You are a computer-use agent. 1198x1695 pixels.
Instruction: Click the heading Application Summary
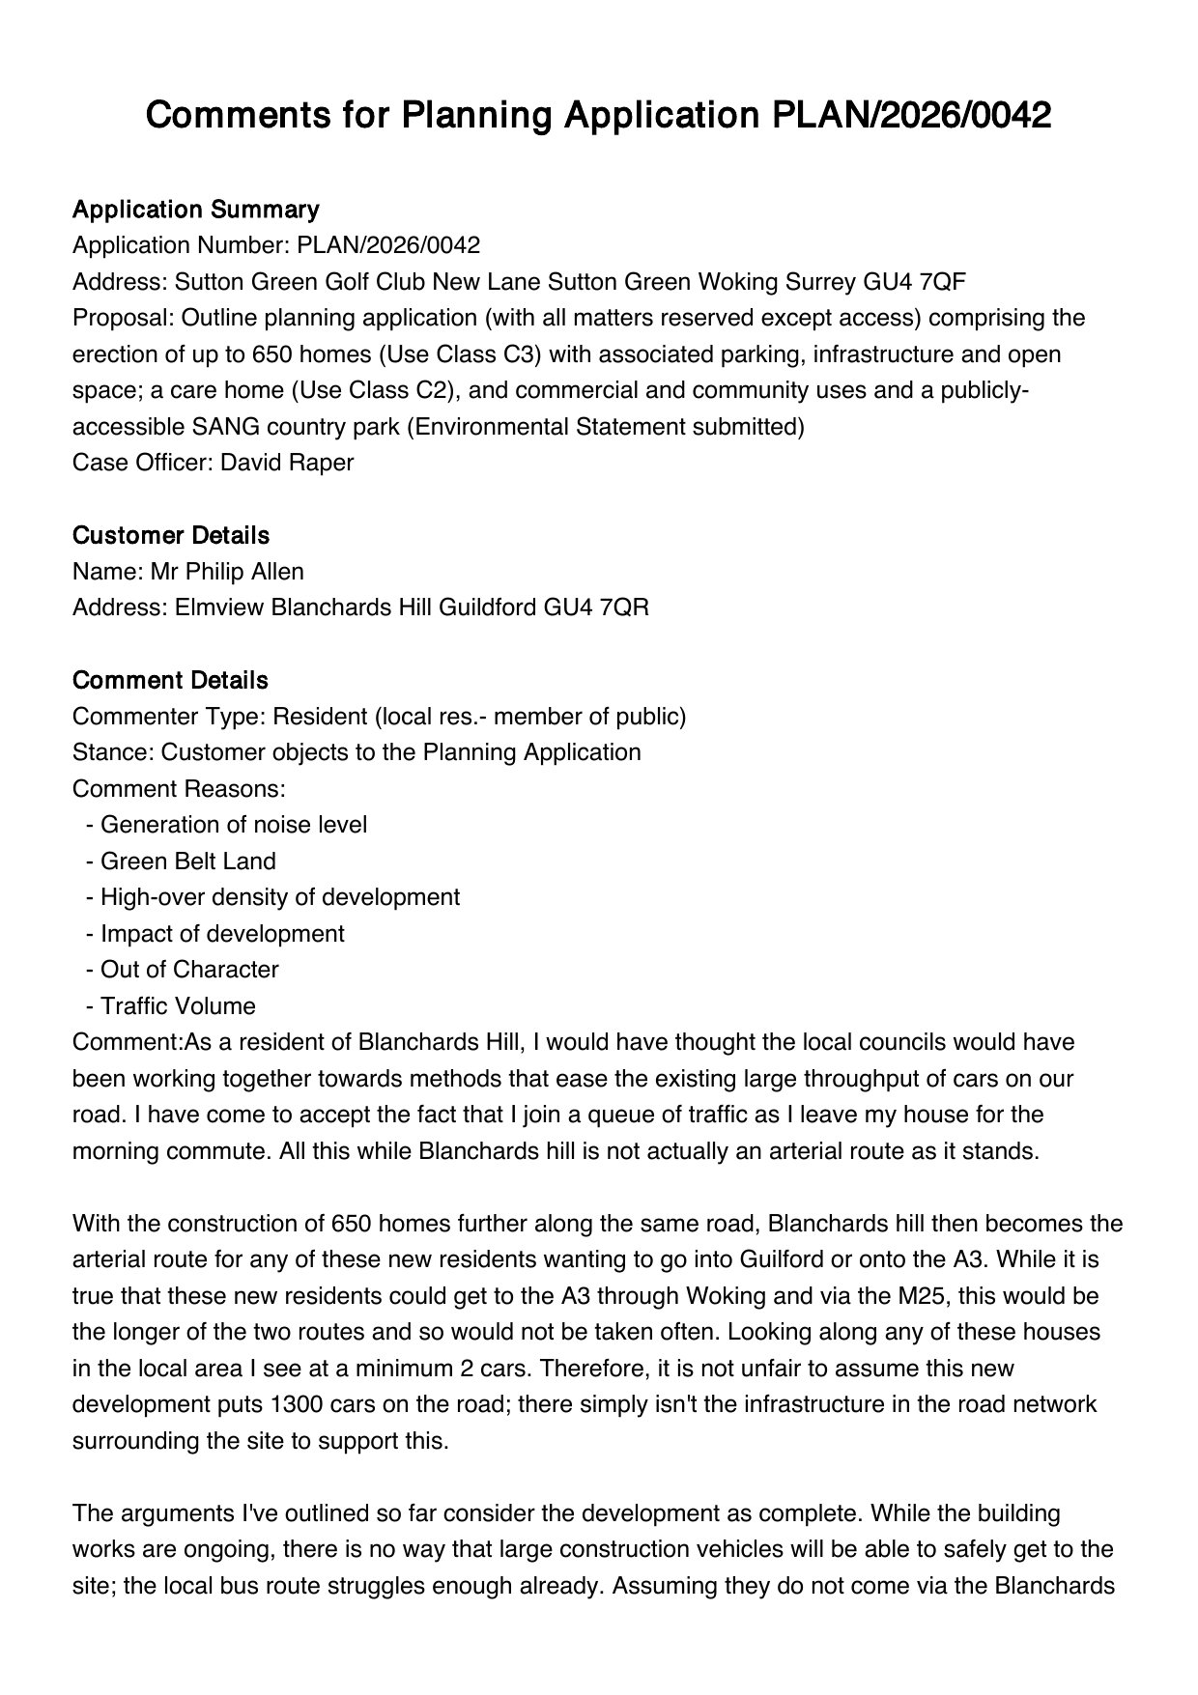[195, 210]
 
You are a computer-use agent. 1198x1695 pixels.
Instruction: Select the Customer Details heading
[170, 535]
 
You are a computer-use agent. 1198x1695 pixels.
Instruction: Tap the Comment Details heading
[170, 680]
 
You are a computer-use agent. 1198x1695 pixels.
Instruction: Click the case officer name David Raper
[287, 463]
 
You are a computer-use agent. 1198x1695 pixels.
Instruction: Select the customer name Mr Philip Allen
[227, 572]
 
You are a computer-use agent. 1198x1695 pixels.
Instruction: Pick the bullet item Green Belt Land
[187, 862]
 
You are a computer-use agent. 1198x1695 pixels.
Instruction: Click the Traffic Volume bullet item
[178, 1006]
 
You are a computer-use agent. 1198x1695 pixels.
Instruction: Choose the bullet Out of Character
[189, 970]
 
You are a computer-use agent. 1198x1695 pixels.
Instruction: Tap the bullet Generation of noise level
[234, 825]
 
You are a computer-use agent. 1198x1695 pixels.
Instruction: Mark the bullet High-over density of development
[280, 897]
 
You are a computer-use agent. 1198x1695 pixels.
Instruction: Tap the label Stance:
[113, 752]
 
